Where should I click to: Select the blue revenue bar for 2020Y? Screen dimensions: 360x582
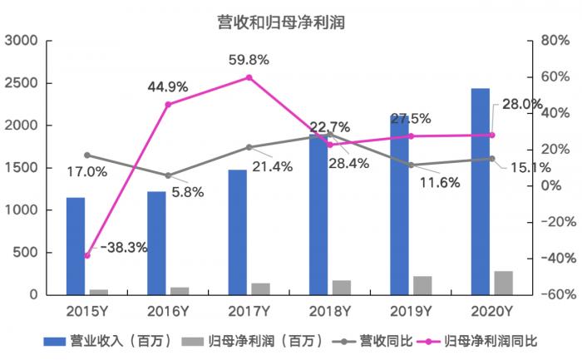click(x=480, y=191)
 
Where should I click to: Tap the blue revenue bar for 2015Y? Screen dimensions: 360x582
click(x=76, y=246)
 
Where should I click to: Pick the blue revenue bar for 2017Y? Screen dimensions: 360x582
click(x=238, y=232)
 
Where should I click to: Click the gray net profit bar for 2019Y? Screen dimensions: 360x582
click(x=422, y=285)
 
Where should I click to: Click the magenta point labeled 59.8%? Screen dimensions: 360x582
click(x=249, y=77)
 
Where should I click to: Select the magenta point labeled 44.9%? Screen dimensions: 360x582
click(x=168, y=105)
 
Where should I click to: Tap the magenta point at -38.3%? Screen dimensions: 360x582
click(x=86, y=255)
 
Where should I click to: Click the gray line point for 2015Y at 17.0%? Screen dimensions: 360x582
click(x=86, y=155)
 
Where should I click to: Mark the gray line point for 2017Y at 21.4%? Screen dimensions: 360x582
click(x=249, y=147)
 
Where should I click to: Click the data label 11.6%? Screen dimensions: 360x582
click(x=439, y=183)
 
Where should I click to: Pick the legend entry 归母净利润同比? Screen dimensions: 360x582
click(x=491, y=341)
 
